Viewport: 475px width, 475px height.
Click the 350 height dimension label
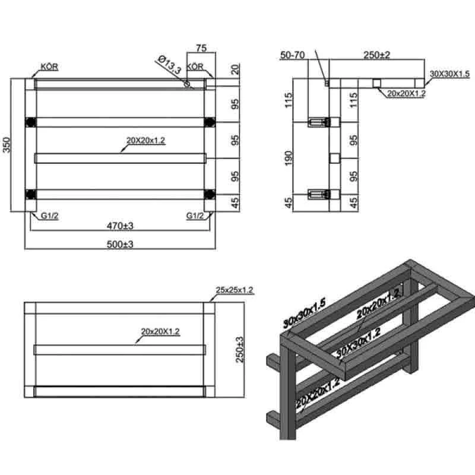tap(7, 145)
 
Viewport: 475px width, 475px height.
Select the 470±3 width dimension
tap(120, 226)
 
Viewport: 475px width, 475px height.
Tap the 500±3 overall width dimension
tap(120, 244)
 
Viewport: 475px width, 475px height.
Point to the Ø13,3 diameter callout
tap(170, 65)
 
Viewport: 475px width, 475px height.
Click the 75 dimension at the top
tap(201, 48)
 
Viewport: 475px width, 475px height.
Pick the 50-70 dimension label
tap(292, 55)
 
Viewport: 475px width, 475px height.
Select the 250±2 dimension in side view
tap(376, 55)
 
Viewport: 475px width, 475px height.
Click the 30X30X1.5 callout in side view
tap(449, 74)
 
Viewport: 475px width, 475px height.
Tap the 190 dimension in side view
tap(289, 158)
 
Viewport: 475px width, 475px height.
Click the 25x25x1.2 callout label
tap(234, 290)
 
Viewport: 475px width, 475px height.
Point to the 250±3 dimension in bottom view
tap(240, 350)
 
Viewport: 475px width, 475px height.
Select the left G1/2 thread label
tap(50, 216)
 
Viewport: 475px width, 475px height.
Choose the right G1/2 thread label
tap(195, 216)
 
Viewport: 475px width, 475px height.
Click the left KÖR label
tap(49, 66)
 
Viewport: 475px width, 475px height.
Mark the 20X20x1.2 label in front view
tap(145, 140)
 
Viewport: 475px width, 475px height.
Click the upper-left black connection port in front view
tap(31, 122)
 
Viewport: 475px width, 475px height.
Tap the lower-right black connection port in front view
tap(210, 194)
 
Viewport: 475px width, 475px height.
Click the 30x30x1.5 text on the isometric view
tap(304, 313)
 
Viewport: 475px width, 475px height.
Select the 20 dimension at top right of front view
tap(235, 69)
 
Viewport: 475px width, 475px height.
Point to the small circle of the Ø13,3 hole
tap(188, 84)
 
